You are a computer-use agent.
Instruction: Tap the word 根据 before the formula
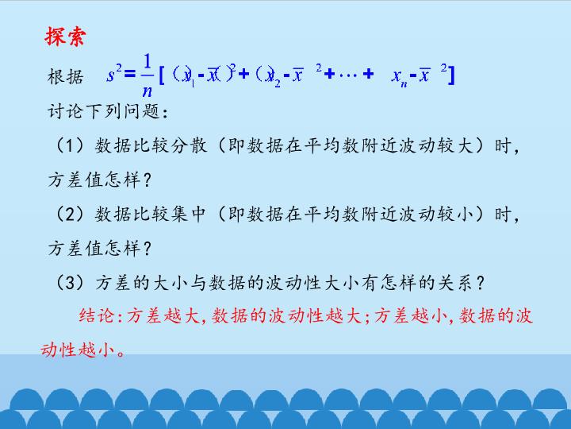[66, 78]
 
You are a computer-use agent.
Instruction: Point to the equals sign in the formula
[129, 75]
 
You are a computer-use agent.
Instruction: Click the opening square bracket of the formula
[162, 75]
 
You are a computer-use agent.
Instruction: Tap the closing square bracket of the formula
[450, 75]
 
